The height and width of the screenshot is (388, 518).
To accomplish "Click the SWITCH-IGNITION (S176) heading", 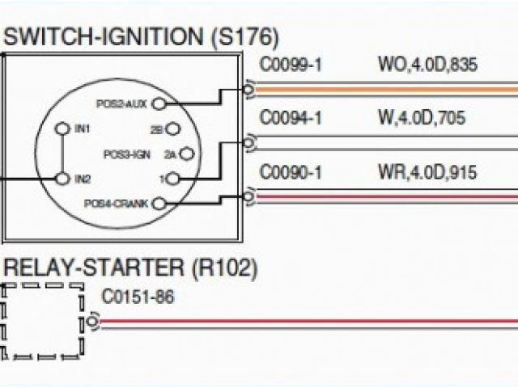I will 142,37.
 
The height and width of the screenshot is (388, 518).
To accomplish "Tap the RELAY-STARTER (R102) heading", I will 130,266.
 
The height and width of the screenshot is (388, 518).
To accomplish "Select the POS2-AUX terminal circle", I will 159,103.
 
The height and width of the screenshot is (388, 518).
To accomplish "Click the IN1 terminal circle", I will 62,129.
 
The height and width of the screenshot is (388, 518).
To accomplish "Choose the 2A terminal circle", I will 186,153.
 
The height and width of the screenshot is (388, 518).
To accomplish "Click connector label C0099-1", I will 291,65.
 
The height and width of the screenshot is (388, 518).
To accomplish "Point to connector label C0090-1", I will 291,172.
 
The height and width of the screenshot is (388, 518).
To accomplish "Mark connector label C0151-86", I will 138,297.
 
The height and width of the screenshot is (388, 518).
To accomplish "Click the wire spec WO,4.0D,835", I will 427,65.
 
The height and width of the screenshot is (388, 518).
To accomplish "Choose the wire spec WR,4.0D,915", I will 427,172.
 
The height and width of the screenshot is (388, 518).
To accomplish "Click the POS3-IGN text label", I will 127,153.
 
